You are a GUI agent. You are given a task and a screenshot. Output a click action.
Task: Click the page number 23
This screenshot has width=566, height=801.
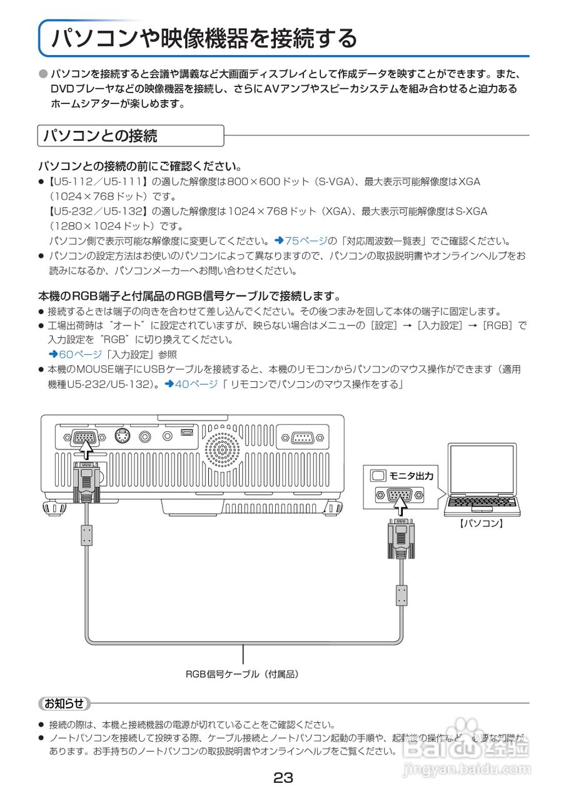(x=283, y=778)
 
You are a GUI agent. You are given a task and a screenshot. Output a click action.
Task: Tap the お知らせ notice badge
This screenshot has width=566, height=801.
(x=64, y=703)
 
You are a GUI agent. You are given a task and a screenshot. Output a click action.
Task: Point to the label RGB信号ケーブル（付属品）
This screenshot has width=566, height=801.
(x=242, y=674)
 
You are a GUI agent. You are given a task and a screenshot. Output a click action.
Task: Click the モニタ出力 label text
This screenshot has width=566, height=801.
(x=411, y=476)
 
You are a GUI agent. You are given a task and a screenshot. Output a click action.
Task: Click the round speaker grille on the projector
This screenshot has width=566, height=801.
(x=221, y=449)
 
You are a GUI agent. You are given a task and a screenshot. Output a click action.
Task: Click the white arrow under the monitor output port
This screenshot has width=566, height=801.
(x=398, y=507)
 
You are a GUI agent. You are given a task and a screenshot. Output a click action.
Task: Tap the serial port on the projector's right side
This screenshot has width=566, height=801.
(x=303, y=437)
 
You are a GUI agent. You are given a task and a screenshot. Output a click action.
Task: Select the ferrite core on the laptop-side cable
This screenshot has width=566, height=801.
(x=402, y=594)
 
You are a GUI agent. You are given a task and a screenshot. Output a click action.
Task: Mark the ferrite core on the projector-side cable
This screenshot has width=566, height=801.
(x=86, y=535)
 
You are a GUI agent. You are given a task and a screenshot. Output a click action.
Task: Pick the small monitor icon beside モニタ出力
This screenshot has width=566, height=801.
(x=378, y=476)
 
